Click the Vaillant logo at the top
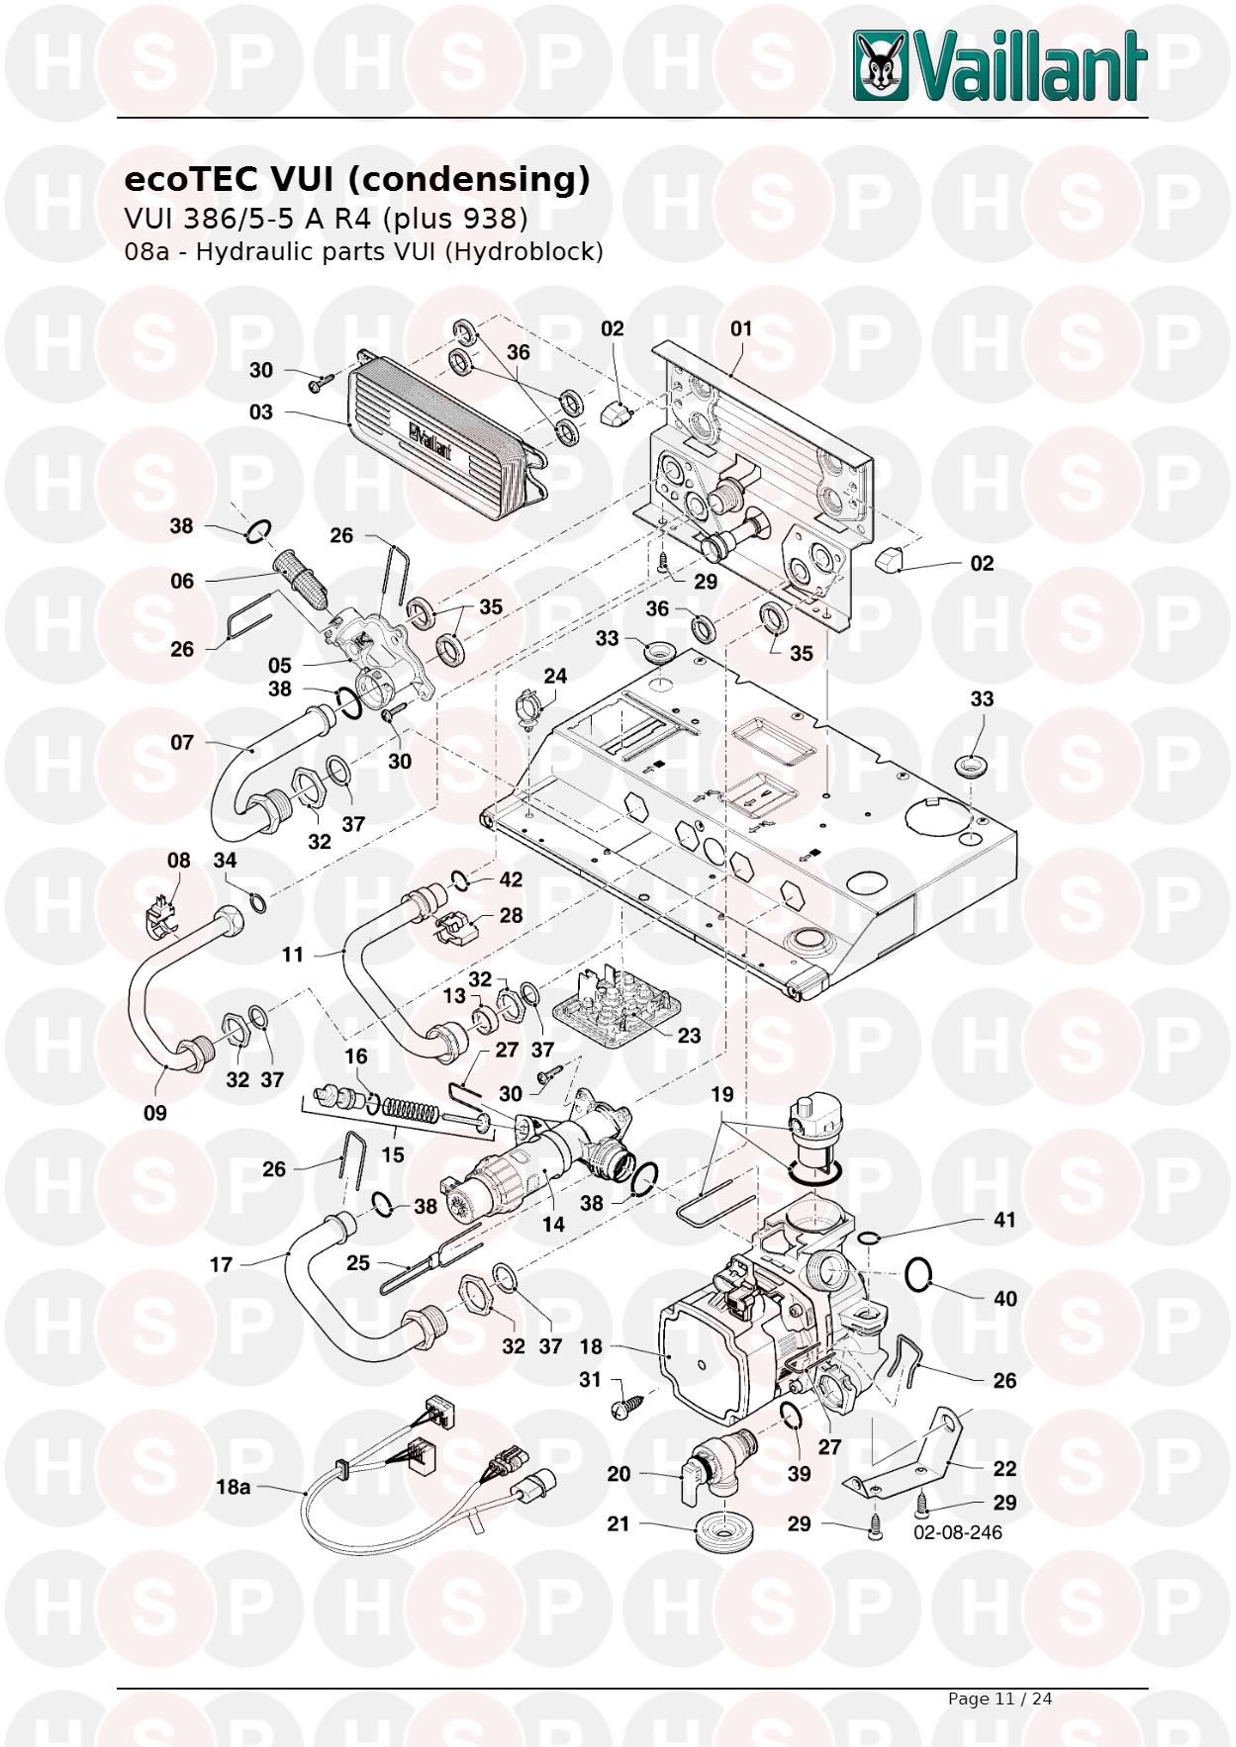pos(999,66)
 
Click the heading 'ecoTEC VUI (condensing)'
pos(356,179)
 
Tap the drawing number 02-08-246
pos(957,1532)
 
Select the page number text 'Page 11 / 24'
pos(999,1699)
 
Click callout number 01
pos(740,328)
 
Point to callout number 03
pos(260,412)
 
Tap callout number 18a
pos(233,1487)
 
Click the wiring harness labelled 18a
pos(416,1474)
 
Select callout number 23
pos(689,1035)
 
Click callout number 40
pos(1004,1298)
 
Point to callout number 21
pos(618,1523)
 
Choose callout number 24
pos(555,677)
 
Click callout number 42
pos(511,879)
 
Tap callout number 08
pos(178,861)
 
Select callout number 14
pos(553,1224)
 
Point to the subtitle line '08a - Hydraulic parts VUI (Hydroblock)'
pos(363,251)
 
